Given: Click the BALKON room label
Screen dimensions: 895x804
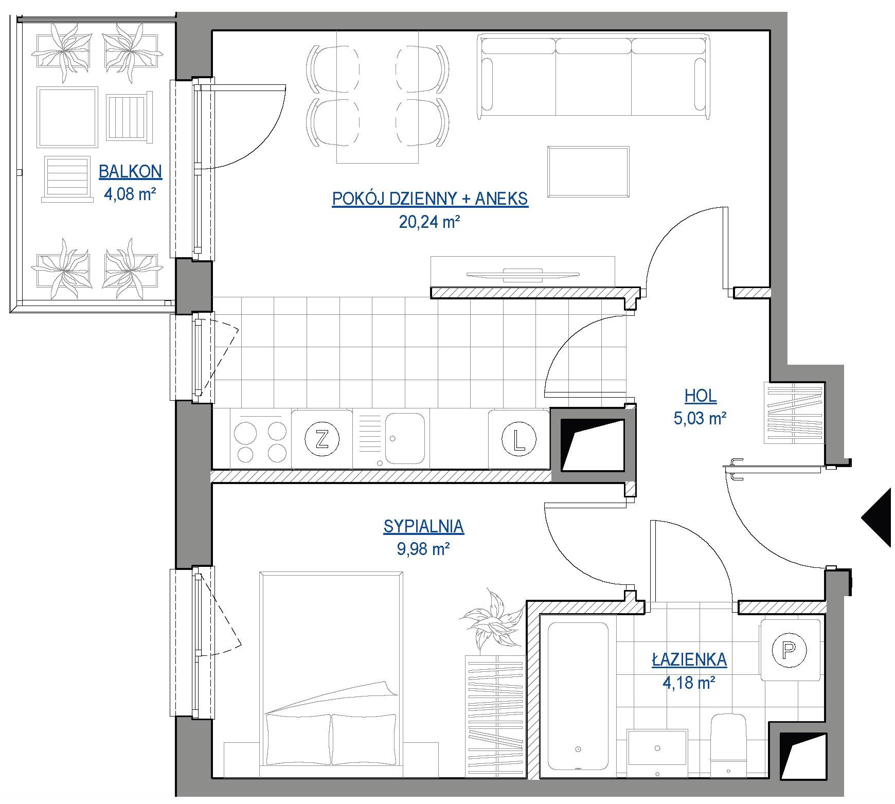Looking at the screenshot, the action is tap(131, 171).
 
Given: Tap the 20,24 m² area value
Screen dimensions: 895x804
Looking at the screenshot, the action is tap(429, 222).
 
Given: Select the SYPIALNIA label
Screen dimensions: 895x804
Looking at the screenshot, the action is tap(424, 526).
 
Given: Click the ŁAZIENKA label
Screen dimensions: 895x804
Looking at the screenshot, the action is tap(689, 659).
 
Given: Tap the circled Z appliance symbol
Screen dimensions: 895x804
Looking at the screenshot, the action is tap(322, 439).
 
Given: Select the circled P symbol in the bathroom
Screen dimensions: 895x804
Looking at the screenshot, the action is tap(790, 651).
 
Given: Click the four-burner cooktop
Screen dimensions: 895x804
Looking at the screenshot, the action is tap(260, 439).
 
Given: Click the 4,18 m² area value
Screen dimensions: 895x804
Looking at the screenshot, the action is tap(689, 683).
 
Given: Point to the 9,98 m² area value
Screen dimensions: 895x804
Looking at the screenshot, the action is tap(424, 549).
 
